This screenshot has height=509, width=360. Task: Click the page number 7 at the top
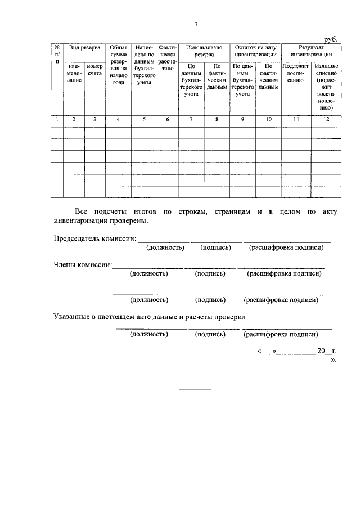(x=196, y=24)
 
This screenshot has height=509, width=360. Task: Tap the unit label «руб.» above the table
(x=331, y=38)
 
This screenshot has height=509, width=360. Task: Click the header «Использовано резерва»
(x=204, y=52)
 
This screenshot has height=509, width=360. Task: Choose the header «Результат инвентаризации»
(x=311, y=52)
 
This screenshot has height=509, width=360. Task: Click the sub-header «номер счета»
(x=95, y=70)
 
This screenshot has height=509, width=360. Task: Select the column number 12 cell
(x=326, y=119)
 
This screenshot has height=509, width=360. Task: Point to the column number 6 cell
(x=167, y=119)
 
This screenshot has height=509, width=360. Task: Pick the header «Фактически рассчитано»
(x=167, y=58)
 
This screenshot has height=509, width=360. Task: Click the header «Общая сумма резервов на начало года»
(x=118, y=65)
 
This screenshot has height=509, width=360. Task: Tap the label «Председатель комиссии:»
(x=95, y=238)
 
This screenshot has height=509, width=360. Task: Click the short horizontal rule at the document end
(x=194, y=390)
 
